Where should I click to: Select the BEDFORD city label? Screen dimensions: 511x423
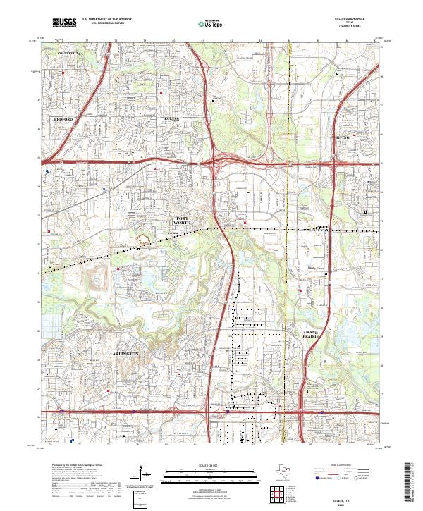tap(63, 120)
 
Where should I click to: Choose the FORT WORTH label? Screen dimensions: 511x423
tap(183, 221)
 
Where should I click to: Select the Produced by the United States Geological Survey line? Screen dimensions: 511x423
tap(74, 466)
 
